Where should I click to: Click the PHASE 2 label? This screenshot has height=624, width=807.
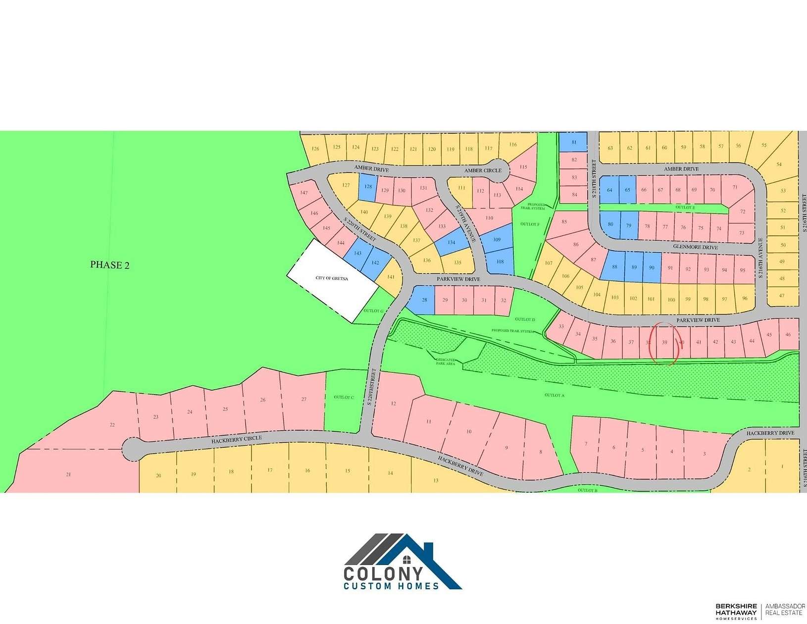109,265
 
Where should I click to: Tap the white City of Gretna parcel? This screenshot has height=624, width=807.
332,280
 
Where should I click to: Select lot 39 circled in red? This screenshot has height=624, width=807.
664,342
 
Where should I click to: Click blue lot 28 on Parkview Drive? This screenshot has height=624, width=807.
424,300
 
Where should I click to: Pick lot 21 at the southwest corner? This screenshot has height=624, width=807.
68,474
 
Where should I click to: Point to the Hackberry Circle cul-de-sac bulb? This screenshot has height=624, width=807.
131,449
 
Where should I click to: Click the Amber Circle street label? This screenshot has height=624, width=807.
483,170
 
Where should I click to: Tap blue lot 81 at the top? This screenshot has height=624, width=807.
574,142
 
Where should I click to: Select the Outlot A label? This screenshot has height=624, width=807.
554,395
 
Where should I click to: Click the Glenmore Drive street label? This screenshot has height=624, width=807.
695,247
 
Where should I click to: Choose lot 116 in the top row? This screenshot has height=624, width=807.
512,145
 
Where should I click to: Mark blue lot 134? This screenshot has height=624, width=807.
451,243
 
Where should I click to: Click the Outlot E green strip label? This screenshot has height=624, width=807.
685,208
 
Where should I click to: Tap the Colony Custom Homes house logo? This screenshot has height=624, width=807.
403,562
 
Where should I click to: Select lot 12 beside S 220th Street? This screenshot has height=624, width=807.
394,404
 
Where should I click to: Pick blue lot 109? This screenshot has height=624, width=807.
497,240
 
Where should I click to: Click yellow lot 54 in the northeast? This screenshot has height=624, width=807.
779,164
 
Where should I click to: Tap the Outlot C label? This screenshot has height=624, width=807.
344,397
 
